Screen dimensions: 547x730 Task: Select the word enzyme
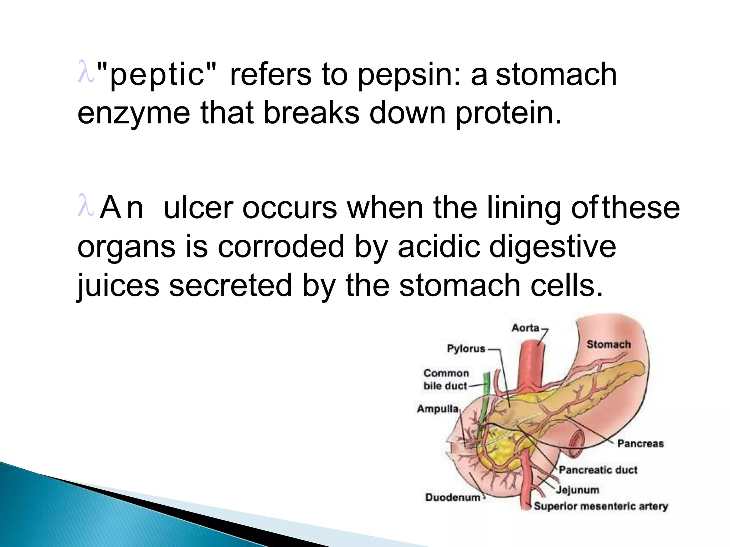coord(134,113)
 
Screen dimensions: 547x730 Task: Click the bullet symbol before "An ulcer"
coord(86,205)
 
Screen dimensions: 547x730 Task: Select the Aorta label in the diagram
coord(525,328)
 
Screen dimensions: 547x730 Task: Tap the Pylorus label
coord(466,348)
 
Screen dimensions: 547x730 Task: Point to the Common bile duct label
coord(446,379)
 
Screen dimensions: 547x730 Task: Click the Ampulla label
coord(438,408)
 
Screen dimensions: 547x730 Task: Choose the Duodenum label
coord(453,497)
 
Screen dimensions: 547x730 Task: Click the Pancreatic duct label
coord(598,470)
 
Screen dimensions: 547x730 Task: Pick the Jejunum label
coord(577,490)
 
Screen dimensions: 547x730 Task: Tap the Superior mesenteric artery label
coord(601,506)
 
